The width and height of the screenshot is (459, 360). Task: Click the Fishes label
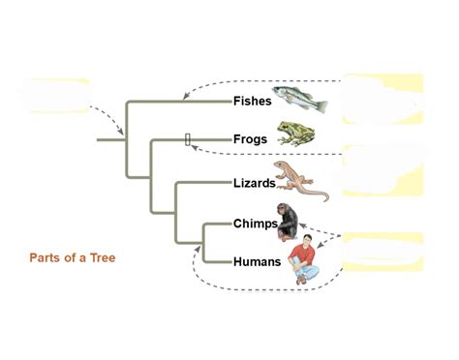[251, 100]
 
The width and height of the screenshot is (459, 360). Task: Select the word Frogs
[250, 139]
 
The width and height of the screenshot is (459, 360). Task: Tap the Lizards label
[254, 182]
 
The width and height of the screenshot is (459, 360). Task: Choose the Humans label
[257, 261]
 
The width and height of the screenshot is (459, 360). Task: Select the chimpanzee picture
[290, 222]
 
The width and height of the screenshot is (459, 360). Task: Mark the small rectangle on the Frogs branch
[188, 139]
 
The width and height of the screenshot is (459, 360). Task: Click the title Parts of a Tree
[74, 258]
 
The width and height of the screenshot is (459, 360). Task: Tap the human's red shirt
[309, 255]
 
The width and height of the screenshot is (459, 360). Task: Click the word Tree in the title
[104, 258]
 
